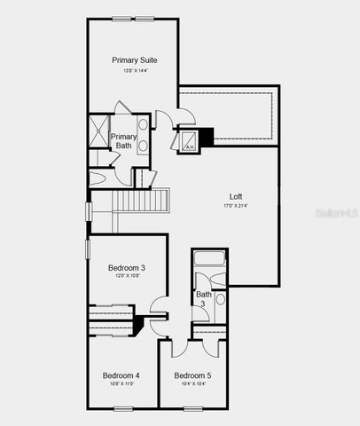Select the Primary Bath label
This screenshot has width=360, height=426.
pos(123,141)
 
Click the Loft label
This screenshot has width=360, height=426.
pos(236,196)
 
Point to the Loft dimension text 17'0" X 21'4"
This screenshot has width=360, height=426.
pos(236,206)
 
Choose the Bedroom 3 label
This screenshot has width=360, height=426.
pos(127,267)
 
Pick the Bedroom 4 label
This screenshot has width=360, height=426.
pos(121,375)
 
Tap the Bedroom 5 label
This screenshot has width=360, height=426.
pos(192,375)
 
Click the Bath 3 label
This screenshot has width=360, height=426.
pos(205,299)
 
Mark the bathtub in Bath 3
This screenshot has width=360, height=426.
pos(210,260)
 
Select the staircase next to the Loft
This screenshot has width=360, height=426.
pos(139,202)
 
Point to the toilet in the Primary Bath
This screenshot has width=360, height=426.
pos(99,177)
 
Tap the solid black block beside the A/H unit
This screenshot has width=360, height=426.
pos(207,136)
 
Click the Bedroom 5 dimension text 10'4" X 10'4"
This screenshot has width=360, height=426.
pos(192,384)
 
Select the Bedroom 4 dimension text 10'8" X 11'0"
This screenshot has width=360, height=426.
pos(121,383)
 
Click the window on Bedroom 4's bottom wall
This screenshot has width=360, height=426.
pos(122,408)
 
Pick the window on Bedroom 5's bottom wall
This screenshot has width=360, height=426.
pos(192,408)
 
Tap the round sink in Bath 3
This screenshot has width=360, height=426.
pos(220,299)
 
